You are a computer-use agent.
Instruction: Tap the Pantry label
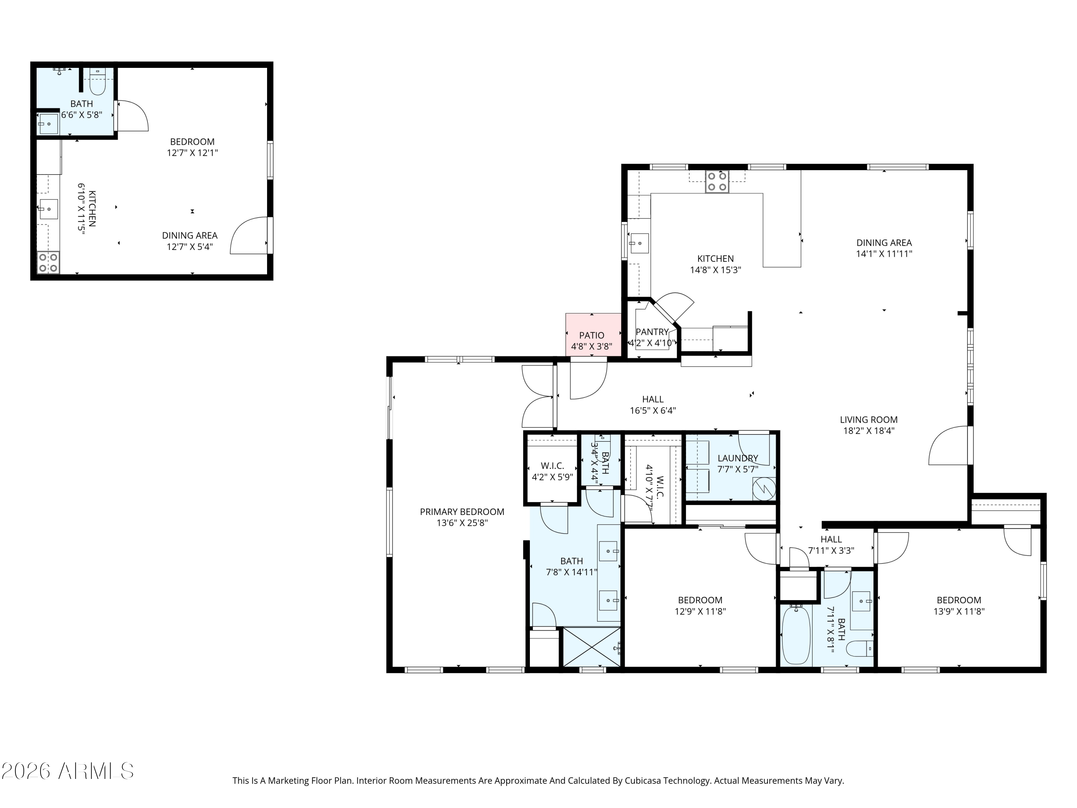652,332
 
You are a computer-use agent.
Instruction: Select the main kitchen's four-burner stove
717,182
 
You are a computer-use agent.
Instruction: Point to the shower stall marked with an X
592,646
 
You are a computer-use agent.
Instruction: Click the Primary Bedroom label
462,512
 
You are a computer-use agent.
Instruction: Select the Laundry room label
738,458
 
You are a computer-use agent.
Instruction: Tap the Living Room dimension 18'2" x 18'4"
869,431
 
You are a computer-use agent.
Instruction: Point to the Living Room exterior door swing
948,446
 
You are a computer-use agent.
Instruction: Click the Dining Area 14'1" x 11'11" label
884,248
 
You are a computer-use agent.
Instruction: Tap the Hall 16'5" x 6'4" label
652,405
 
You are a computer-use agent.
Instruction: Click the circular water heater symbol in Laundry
764,488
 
